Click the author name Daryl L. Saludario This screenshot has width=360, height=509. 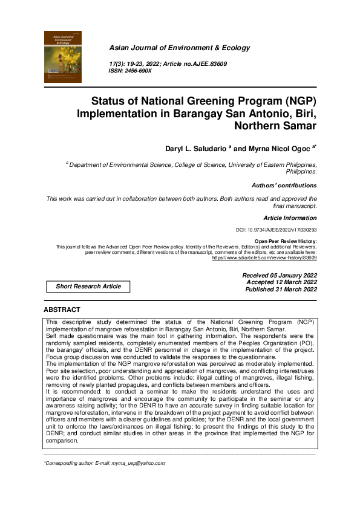(194, 148)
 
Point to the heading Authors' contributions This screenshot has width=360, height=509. (284, 185)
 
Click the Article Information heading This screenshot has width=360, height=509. (290, 217)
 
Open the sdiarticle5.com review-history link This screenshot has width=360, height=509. (264, 258)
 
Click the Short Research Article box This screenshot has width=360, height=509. (88, 287)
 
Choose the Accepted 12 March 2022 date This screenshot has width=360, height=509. (281, 282)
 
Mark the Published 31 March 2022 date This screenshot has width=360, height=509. (281, 290)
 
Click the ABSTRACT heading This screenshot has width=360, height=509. (62, 310)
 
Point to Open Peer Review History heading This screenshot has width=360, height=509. (286, 241)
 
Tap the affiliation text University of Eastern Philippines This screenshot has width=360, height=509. (271, 164)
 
